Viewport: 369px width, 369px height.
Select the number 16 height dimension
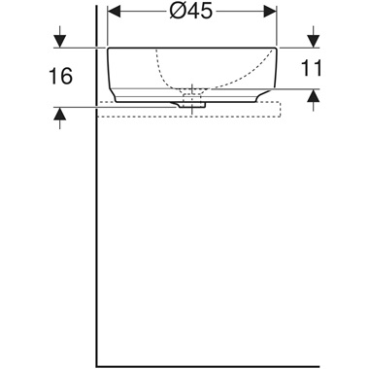60,77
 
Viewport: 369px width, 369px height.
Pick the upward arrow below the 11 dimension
313,95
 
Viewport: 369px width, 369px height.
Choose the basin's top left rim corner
108,50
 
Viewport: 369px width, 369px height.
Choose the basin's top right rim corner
276,50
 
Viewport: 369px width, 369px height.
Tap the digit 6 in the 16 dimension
67,77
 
